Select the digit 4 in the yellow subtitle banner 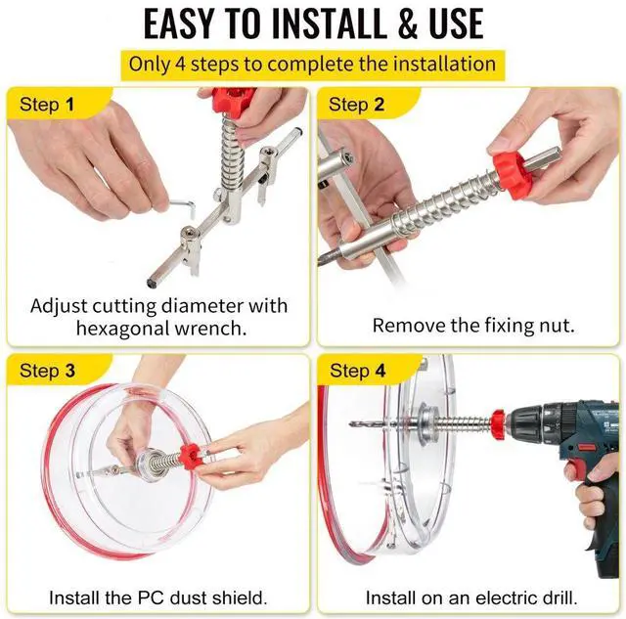click(x=181, y=65)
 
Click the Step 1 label click(x=47, y=105)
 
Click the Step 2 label click(x=356, y=105)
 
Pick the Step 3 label click(x=47, y=371)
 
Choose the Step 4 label click(x=358, y=371)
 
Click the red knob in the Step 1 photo click(x=233, y=101)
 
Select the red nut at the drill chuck click(x=500, y=424)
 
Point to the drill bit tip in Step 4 click(x=350, y=424)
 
